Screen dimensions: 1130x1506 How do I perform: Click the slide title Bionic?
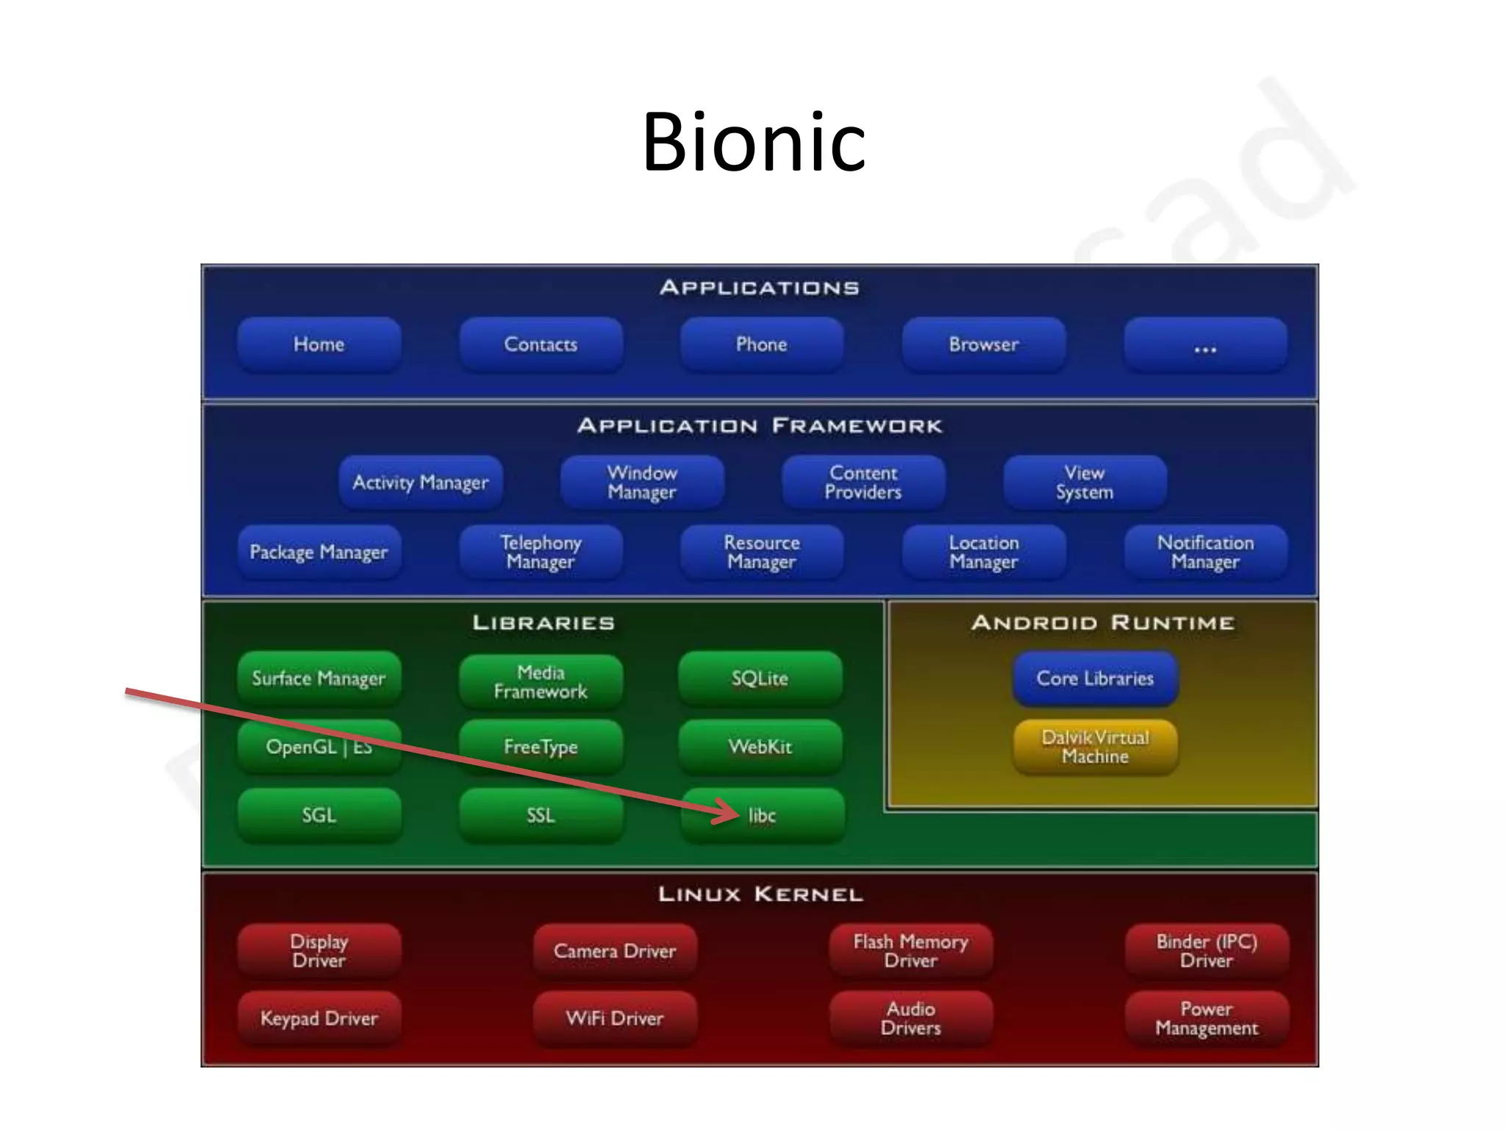click(754, 141)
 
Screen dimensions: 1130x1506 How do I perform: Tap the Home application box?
click(319, 344)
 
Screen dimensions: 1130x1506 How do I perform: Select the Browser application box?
click(983, 344)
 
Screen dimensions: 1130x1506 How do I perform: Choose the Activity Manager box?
click(421, 483)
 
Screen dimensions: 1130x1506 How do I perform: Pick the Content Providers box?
click(863, 483)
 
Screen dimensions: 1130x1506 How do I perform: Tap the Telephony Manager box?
click(540, 552)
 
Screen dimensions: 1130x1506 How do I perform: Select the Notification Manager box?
click(1205, 552)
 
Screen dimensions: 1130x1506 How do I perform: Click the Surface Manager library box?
click(319, 678)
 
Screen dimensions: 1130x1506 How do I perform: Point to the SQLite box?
click(760, 678)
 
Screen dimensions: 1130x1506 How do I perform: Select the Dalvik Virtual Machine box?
click(1095, 747)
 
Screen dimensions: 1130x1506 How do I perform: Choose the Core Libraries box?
click(1095, 678)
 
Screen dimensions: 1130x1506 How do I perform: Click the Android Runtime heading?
click(1102, 623)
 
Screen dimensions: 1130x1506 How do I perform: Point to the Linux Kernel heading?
click(760, 895)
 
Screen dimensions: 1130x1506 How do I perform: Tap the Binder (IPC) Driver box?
click(1207, 950)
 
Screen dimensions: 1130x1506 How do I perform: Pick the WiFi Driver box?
click(615, 1019)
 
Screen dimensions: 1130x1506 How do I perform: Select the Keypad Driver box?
click(319, 1019)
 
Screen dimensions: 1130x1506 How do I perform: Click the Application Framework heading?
click(760, 426)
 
